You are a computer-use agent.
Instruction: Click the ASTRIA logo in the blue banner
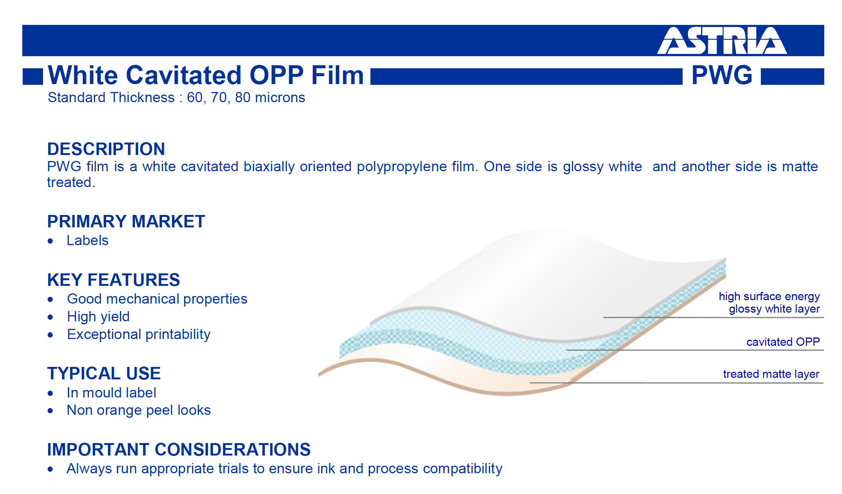[722, 41]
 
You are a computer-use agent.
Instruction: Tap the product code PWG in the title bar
[722, 75]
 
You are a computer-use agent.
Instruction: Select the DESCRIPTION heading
[106, 149]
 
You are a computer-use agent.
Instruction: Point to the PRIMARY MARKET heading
[126, 221]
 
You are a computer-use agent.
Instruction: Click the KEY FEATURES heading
[114, 280]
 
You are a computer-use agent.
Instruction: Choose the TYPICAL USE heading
[104, 373]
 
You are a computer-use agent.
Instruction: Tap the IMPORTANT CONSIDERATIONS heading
[179, 450]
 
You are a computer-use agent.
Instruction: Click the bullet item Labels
[88, 241]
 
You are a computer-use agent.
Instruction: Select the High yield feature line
[98, 317]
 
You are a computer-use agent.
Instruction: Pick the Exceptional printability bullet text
[139, 334]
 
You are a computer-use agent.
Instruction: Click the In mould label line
[111, 393]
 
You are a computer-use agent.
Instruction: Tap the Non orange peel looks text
[139, 410]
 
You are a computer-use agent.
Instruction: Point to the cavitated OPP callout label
[783, 342]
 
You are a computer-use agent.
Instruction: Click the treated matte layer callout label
[771, 374]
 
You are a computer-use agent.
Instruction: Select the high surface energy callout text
[769, 297]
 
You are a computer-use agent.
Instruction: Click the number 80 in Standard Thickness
[242, 98]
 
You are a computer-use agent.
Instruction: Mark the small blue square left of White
[33, 77]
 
